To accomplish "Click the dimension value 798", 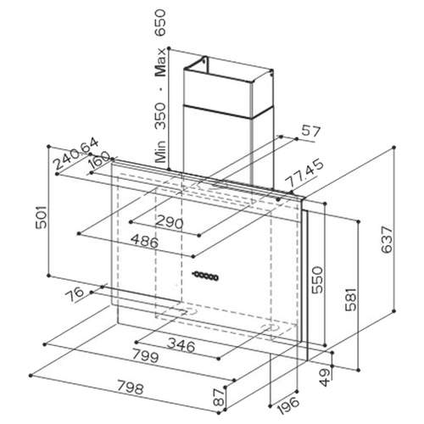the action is tap(131, 388).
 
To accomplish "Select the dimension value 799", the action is tap(146, 357).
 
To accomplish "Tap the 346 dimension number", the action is tap(181, 345).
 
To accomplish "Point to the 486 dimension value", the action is tap(144, 242).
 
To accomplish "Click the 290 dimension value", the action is tap(170, 222).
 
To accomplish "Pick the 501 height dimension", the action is tap(42, 217).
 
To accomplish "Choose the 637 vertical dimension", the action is tap(388, 239).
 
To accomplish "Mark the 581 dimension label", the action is tap(352, 299).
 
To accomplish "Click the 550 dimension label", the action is tap(317, 280).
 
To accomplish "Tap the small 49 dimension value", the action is tap(326, 377).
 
